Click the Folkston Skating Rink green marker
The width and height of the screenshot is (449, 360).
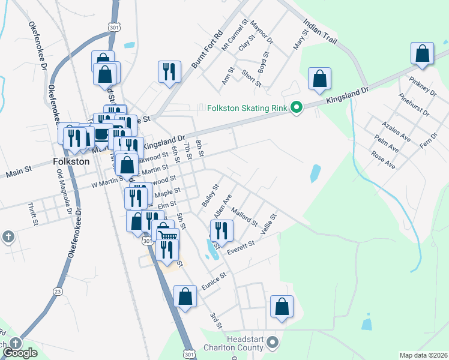click(296, 108)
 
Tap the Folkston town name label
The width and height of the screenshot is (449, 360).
click(71, 161)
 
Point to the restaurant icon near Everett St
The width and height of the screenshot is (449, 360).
click(221, 230)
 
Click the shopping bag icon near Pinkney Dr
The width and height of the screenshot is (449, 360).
click(423, 53)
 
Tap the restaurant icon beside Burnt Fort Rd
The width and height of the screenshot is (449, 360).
click(169, 71)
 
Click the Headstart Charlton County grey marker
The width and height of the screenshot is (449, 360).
click(273, 343)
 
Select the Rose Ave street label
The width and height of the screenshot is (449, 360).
click(383, 160)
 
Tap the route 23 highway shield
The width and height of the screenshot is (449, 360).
click(58, 291)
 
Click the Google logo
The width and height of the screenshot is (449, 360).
click(20, 353)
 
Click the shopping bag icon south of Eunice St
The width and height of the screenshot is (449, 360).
click(185, 296)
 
